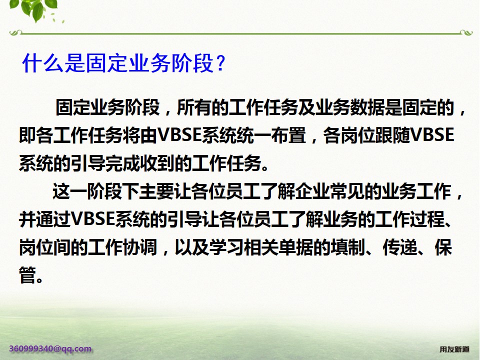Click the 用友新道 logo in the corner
[x=454, y=349]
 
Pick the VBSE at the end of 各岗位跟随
[x=431, y=135]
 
